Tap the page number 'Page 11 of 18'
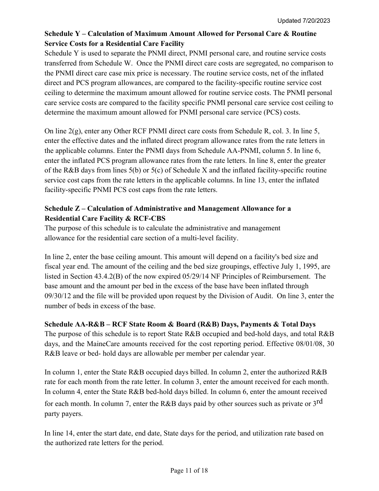pos(189,471)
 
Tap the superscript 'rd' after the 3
pos(319,401)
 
